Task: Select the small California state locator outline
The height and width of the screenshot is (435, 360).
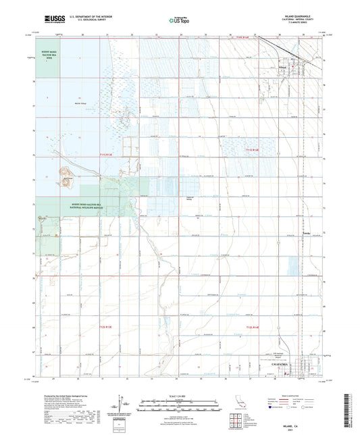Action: (x=226, y=405)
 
